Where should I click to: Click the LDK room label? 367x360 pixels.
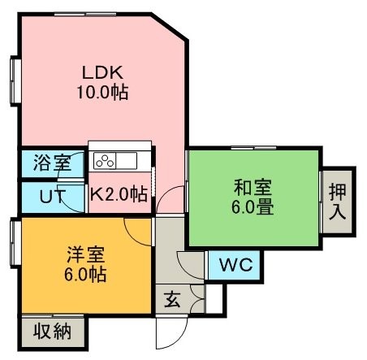[x=102, y=72]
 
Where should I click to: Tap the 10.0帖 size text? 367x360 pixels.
[x=102, y=92]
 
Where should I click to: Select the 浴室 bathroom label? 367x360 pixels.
[x=52, y=163]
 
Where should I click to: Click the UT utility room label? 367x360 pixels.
[x=53, y=196]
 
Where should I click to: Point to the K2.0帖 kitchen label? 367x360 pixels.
[x=119, y=193]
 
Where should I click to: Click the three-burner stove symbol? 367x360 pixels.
[x=105, y=161]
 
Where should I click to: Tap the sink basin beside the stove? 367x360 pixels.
[x=127, y=161]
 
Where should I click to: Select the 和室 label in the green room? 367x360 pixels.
[x=253, y=188]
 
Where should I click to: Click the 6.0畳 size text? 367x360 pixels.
[x=253, y=207]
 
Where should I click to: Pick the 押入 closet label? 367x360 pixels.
[x=338, y=202]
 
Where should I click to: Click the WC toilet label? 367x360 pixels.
[x=236, y=264]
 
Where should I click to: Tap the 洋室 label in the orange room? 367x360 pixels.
[x=86, y=254]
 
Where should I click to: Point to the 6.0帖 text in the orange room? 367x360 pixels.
[x=85, y=274]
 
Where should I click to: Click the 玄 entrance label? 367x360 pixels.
[x=172, y=299]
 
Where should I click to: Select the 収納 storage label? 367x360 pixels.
[x=53, y=331]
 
